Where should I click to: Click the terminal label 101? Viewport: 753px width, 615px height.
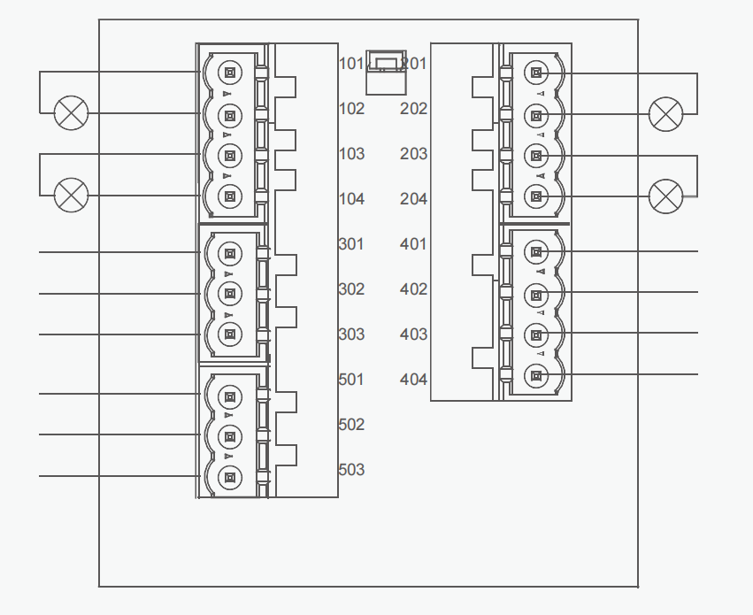tap(351, 64)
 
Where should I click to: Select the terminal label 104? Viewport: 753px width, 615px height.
tap(351, 199)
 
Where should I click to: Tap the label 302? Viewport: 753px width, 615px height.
tap(351, 289)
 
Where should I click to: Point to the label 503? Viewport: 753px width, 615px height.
tap(351, 470)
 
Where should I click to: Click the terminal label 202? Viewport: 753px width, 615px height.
tap(413, 109)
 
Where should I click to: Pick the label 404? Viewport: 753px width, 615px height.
tap(413, 380)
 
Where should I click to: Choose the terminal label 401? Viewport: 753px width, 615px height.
tap(413, 244)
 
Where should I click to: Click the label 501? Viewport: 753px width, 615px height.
tap(351, 380)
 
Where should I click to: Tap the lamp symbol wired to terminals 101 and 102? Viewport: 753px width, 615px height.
tap(72, 113)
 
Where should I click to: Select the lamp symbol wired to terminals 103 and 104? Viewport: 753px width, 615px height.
tap(72, 195)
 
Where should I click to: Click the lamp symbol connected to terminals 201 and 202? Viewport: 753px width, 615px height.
tap(665, 114)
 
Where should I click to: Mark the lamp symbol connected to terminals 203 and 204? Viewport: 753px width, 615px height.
tap(665, 196)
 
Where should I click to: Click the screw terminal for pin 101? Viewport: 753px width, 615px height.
tap(229, 73)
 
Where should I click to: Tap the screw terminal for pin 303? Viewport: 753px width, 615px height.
tap(229, 334)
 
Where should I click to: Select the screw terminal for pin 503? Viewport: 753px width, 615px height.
tap(229, 478)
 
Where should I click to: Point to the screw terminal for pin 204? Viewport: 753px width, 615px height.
tap(536, 196)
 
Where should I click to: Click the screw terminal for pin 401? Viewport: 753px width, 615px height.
tap(536, 252)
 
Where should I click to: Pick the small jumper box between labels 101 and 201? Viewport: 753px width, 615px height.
tap(386, 71)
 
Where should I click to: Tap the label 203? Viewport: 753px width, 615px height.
tap(413, 154)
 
